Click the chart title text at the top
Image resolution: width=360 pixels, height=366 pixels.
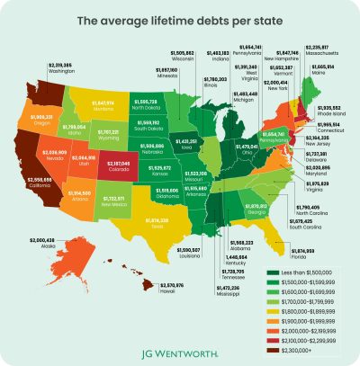180,19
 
